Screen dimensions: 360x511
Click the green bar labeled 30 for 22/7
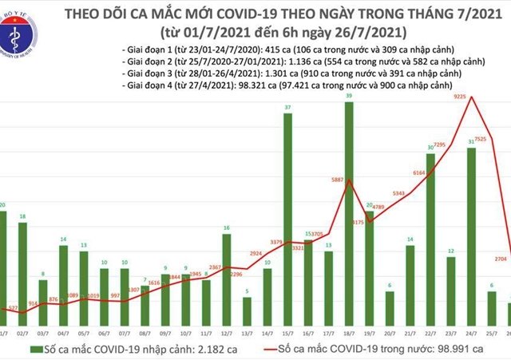(x=430, y=236)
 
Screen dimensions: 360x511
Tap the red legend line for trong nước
(x=274, y=348)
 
